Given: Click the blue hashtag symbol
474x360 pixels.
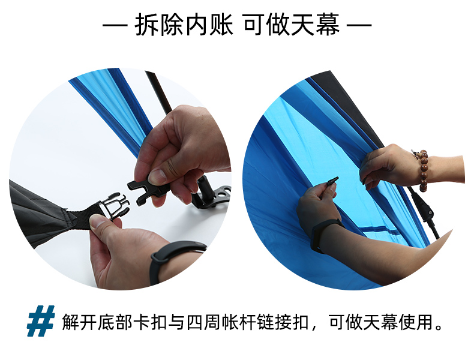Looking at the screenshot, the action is [41, 321].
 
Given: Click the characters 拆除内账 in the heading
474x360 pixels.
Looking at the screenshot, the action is [184, 25].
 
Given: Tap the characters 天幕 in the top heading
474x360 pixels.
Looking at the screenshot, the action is [315, 25].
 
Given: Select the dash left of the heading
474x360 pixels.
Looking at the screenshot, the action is [115, 25].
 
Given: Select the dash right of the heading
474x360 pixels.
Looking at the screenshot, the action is [359, 25].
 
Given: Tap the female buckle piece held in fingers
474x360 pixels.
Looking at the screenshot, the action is [148, 189].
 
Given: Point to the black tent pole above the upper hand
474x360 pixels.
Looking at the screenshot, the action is [158, 92].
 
